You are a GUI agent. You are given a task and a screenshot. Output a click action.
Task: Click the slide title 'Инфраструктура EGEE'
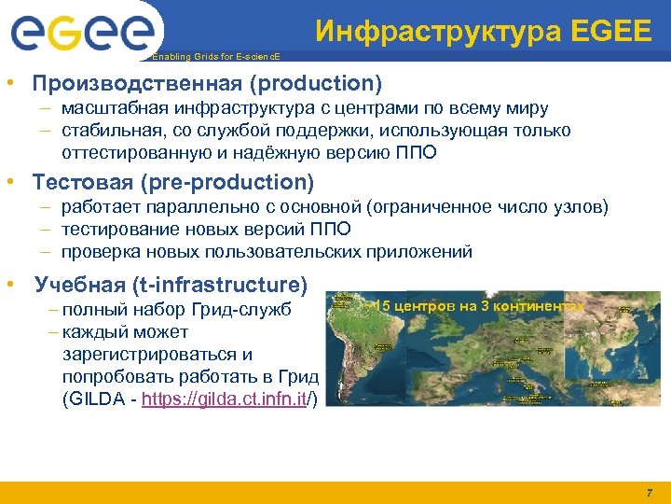pos(483,32)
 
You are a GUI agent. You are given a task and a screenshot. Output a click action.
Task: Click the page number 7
pos(649,492)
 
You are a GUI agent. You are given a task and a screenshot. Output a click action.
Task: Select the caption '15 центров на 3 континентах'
pos(475,306)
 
